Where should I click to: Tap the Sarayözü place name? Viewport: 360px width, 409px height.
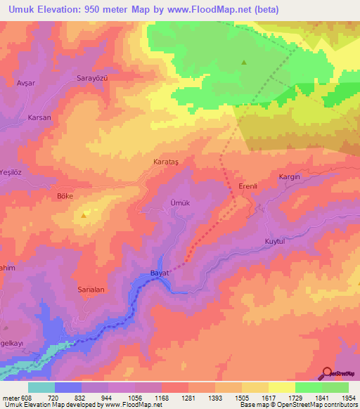pos(93,79)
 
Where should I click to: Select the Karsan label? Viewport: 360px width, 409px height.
pos(39,117)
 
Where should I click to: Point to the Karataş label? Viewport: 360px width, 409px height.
pos(167,162)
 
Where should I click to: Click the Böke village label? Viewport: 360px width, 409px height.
pos(65,197)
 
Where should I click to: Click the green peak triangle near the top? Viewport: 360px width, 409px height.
pos(244,63)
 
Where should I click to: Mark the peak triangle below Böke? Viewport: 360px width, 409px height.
pos(86,215)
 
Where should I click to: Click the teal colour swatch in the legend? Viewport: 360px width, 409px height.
pos(41,387)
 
